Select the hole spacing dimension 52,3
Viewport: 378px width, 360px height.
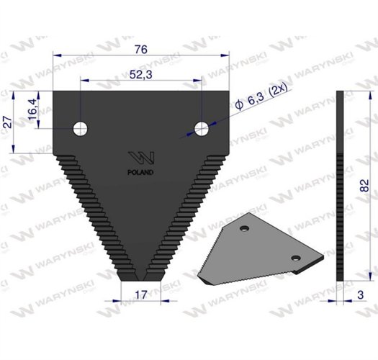[141, 75]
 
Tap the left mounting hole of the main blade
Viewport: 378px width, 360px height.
[81, 128]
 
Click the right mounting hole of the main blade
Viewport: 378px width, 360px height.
[202, 128]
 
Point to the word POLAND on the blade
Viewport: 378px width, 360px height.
[141, 173]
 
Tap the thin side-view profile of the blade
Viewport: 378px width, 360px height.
[341, 187]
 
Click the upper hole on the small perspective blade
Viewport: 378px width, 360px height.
[246, 228]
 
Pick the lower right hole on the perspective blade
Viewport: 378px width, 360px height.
[294, 257]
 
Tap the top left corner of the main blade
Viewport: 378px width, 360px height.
[55, 91]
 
